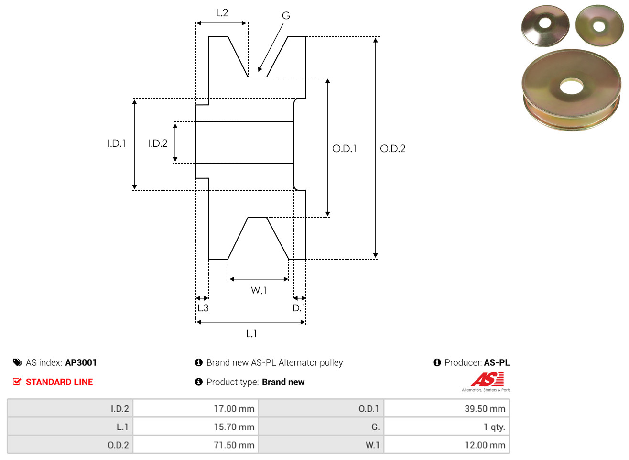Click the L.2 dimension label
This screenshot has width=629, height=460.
click(x=222, y=13)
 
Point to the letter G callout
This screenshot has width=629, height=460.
click(x=286, y=16)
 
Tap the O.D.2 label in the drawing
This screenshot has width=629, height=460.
click(x=393, y=149)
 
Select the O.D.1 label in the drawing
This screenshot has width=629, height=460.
click(x=345, y=149)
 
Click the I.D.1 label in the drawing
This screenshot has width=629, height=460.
click(x=117, y=143)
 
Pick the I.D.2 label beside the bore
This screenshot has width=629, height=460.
click(x=158, y=143)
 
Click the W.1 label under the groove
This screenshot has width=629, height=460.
click(x=259, y=291)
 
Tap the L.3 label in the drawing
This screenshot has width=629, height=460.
click(x=203, y=308)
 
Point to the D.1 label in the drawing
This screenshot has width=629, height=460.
click(x=299, y=308)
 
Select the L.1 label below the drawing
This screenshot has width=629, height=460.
click(x=251, y=334)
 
